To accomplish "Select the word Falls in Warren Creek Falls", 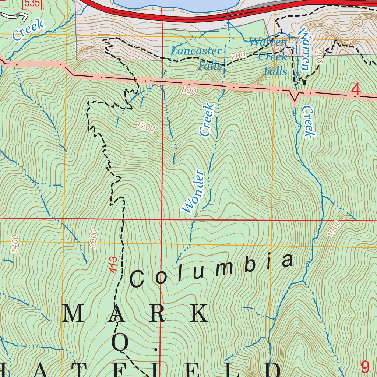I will click(275, 71).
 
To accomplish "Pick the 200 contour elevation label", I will click(239, 56).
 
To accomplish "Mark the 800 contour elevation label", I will click(188, 91).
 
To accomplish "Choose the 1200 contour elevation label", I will click(146, 127).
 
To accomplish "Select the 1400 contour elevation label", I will click(15, 244).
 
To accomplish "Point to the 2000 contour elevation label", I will click(94, 239).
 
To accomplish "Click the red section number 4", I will click(356, 89).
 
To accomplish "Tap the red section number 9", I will click(364, 367).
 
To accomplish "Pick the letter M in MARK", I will click(71, 314).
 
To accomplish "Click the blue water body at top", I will click(177, 3).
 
